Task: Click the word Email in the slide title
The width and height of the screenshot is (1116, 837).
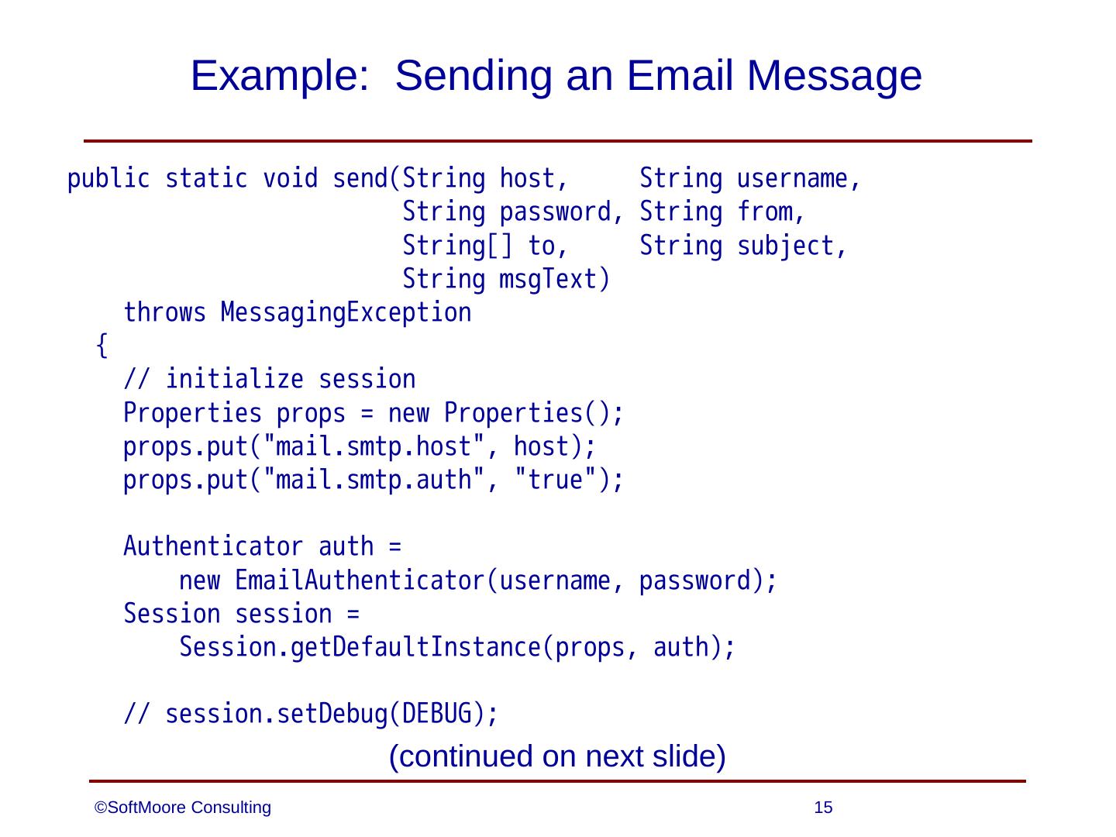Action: [x=673, y=76]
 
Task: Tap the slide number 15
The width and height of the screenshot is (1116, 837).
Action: [x=824, y=808]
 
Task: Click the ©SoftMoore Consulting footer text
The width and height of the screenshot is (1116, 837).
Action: [x=183, y=808]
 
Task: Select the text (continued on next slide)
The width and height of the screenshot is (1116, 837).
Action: [x=557, y=756]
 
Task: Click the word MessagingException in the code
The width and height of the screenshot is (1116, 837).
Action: [x=346, y=313]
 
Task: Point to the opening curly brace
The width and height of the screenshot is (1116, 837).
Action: [x=102, y=346]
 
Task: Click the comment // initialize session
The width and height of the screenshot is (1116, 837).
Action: [x=270, y=380]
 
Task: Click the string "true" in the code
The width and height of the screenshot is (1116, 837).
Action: [x=555, y=480]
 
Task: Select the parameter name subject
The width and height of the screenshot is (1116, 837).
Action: [x=785, y=246]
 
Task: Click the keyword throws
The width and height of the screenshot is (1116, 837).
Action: [x=165, y=313]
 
